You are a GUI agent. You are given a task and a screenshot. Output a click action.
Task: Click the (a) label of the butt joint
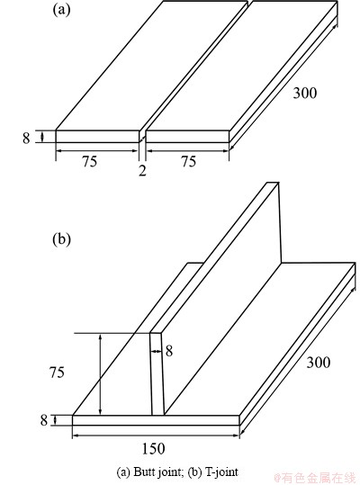(62, 9)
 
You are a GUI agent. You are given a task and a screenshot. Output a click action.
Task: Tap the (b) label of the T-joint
(62, 239)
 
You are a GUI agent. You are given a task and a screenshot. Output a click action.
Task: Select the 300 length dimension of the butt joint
(304, 93)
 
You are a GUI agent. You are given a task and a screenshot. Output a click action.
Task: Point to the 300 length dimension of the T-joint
(318, 362)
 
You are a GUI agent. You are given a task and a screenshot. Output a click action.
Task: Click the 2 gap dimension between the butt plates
(142, 170)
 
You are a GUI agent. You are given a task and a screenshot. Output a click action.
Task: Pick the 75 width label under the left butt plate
(90, 161)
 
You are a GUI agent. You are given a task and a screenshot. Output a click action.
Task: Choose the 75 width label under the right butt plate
(189, 161)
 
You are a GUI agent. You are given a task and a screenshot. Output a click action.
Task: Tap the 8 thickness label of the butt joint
(26, 138)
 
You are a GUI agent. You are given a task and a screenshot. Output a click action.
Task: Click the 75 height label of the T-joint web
(57, 373)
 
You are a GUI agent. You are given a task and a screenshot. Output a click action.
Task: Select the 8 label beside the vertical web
(169, 351)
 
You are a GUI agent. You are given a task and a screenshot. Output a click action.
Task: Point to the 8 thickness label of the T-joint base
(44, 420)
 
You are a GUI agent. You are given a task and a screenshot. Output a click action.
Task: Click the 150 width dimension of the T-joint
(153, 448)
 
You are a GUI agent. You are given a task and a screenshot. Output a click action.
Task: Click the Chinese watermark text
(317, 478)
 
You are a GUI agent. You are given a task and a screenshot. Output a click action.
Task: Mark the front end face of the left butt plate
(97, 137)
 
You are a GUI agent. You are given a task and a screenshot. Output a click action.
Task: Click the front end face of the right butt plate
(187, 137)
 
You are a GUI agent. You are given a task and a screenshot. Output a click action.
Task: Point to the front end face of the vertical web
(157, 373)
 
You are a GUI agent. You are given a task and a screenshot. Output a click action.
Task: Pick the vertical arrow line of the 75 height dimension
(100, 374)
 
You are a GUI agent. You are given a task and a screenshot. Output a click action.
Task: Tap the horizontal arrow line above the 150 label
(156, 436)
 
